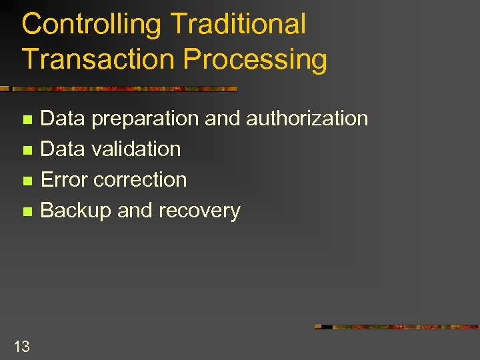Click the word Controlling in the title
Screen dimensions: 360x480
pyautogui.click(x=92, y=25)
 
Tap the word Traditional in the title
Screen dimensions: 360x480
pyautogui.click(x=238, y=25)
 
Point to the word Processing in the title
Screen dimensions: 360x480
pyautogui.click(x=255, y=60)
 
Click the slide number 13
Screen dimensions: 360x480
pyautogui.click(x=21, y=346)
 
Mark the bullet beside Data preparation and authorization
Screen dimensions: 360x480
pyautogui.click(x=27, y=121)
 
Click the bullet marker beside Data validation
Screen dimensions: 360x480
pyautogui.click(x=27, y=151)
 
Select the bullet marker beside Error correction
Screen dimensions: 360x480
pyautogui.click(x=27, y=181)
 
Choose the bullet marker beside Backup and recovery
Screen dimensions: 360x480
pyautogui.click(x=27, y=212)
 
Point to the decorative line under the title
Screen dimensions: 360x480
pyautogui.click(x=120, y=88)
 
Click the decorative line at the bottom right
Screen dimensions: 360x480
pyautogui.click(x=397, y=327)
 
